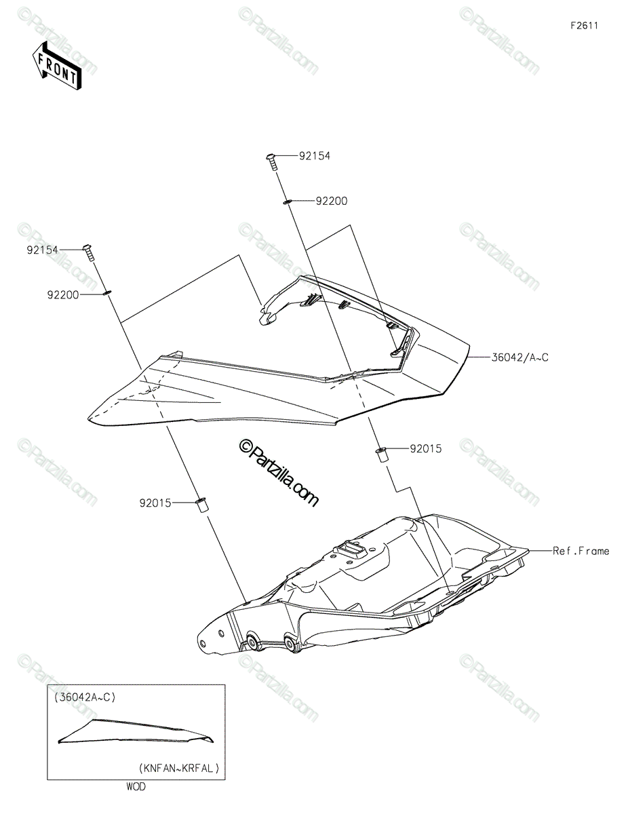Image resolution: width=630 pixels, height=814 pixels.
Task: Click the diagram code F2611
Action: coord(585,26)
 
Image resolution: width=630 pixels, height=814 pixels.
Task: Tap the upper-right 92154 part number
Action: coord(315,156)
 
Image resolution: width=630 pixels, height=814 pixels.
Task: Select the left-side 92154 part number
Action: coord(42,250)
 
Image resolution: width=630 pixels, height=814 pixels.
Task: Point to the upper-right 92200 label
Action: coord(332,201)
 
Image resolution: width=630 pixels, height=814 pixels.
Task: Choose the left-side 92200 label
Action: coord(63,295)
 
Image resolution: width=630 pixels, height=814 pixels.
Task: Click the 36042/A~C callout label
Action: coord(519,357)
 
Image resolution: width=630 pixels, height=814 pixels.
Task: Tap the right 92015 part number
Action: coord(426,448)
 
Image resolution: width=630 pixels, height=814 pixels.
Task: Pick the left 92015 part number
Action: coord(155,503)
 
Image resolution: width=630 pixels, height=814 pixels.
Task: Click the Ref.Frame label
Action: coord(581,551)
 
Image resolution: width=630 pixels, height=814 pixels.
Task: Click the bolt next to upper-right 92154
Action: coord(272,162)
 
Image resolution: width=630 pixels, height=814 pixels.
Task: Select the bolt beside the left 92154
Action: coord(88,253)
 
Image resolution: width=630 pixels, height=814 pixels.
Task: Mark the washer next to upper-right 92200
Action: coord(287,202)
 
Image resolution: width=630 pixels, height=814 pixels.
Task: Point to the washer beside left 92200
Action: coord(106,293)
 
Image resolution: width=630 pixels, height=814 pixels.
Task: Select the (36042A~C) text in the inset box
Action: coord(85,697)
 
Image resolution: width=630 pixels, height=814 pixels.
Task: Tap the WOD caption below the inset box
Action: coord(136,787)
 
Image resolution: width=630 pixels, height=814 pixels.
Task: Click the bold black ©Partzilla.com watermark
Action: coord(279,473)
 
